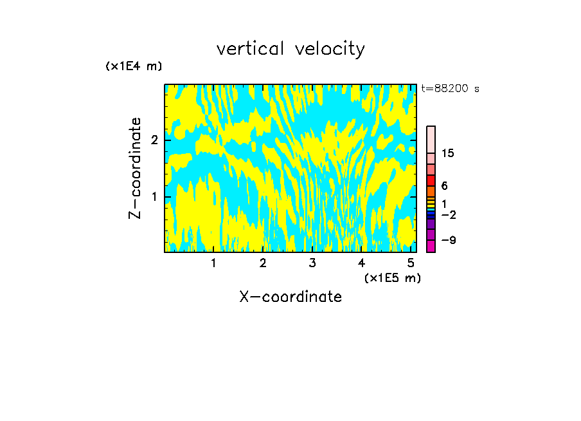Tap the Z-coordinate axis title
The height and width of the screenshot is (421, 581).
pyautogui.click(x=135, y=168)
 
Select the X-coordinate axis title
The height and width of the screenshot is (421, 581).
pyautogui.click(x=290, y=297)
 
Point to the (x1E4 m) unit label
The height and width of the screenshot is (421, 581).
pyautogui.click(x=134, y=66)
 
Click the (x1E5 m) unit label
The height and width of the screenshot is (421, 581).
pyautogui.click(x=392, y=277)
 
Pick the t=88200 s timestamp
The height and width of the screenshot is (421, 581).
pyautogui.click(x=450, y=89)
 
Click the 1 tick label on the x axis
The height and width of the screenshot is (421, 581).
pyautogui.click(x=214, y=263)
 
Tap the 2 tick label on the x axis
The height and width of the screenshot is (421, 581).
pyautogui.click(x=263, y=263)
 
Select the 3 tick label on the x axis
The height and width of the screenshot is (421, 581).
pyautogui.click(x=312, y=263)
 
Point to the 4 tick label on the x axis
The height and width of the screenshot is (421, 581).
pyautogui.click(x=362, y=263)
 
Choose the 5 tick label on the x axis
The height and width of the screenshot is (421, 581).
pyautogui.click(x=411, y=263)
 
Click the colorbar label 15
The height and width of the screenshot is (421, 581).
pyautogui.click(x=448, y=153)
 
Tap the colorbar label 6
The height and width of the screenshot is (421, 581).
pyautogui.click(x=444, y=186)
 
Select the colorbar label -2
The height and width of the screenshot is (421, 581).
pyautogui.click(x=448, y=215)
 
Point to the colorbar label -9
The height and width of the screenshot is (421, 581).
pyautogui.click(x=448, y=240)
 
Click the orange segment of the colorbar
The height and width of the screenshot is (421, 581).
pyautogui.click(x=431, y=191)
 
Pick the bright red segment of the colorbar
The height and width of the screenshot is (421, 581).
pyautogui.click(x=431, y=180)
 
